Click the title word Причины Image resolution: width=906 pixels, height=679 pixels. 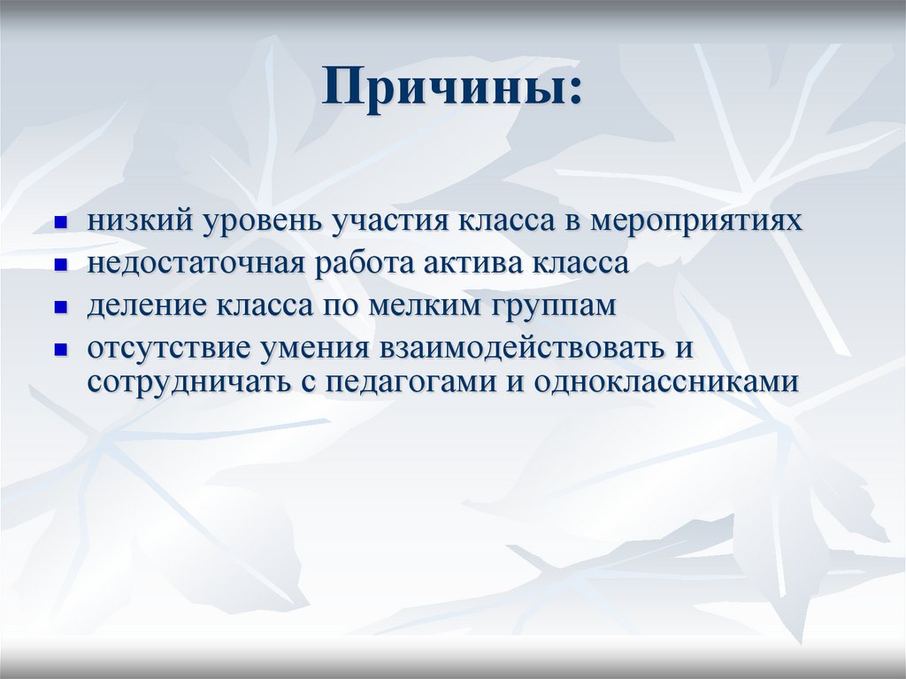[452, 90]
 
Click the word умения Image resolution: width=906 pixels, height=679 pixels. [315, 348]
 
